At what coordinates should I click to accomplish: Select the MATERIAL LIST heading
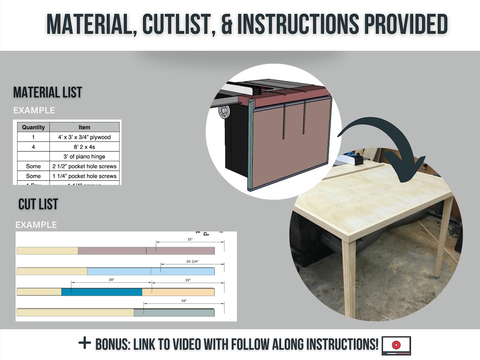coord(48,92)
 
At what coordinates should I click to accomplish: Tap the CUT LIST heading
coord(38,205)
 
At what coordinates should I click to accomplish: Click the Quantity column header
coord(33,127)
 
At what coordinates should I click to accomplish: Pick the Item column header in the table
coord(84,127)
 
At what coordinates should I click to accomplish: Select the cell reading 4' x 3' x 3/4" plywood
coord(84,137)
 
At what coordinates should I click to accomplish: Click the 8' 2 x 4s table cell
coord(84,147)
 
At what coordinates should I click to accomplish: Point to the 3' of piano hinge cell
coord(84,157)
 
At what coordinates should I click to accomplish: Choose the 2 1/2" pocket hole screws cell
coord(84,166)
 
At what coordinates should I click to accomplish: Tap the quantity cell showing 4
coord(33,147)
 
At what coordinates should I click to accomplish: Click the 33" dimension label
coord(190,239)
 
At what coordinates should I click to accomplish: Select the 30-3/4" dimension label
coord(192,261)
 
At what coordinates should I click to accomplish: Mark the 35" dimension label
coord(188,280)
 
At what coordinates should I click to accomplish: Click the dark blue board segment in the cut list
coord(101,292)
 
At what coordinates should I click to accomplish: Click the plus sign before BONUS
coord(85,343)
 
